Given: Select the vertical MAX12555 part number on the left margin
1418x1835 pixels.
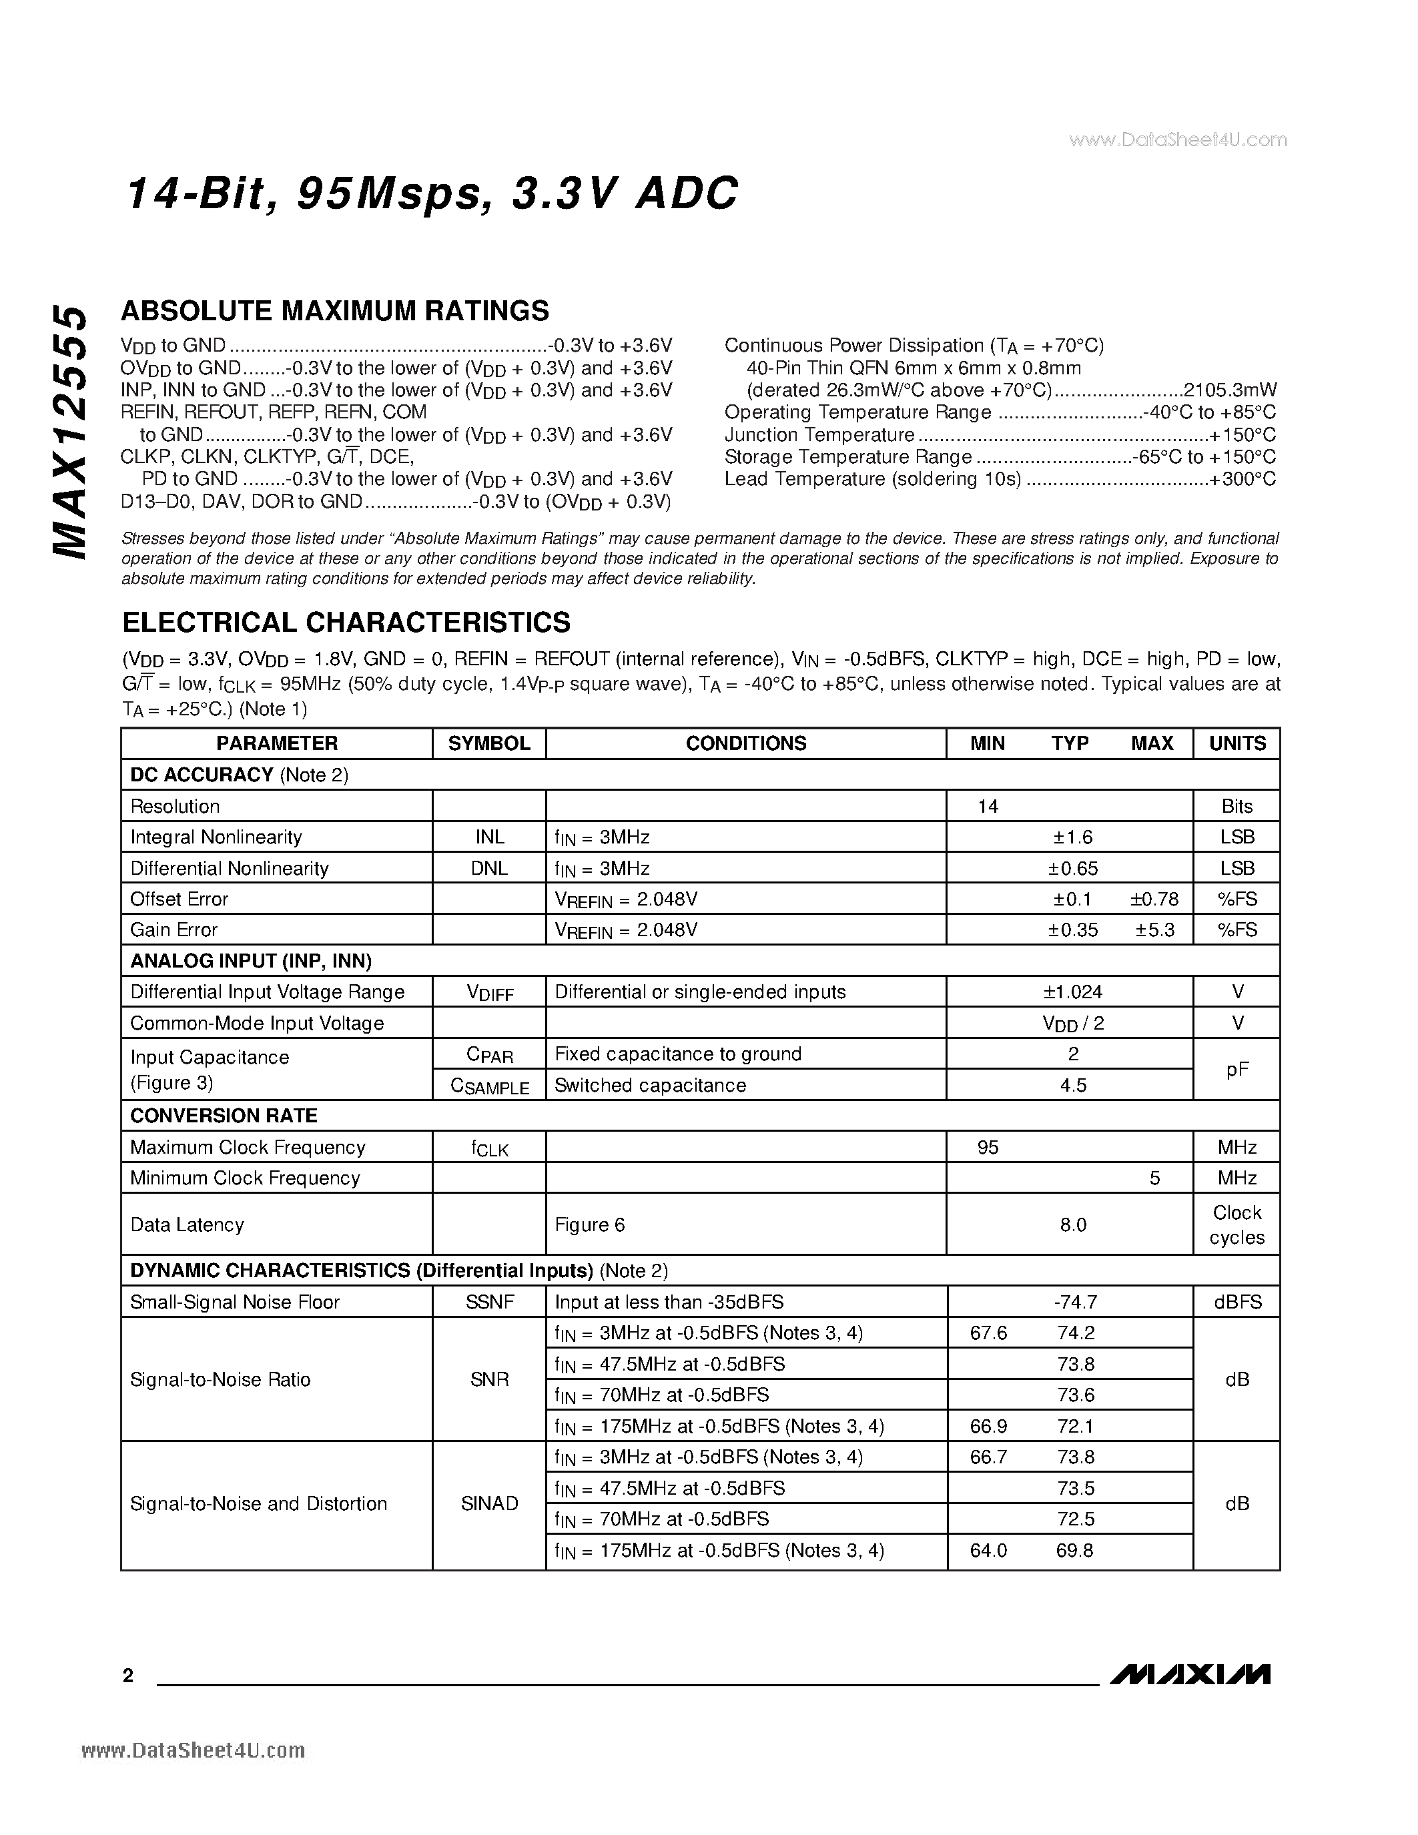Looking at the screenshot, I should click(x=69, y=432).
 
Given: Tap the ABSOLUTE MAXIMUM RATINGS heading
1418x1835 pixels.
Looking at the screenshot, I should click(x=334, y=311).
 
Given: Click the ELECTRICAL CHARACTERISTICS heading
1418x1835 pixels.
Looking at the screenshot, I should click(x=346, y=623).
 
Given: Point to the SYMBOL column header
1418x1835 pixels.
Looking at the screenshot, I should click(x=489, y=743).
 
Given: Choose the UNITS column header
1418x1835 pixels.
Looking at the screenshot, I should click(x=1236, y=743).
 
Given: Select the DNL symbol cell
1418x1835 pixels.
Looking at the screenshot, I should click(x=489, y=868).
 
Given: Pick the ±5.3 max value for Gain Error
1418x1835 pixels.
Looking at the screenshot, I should click(x=1154, y=930).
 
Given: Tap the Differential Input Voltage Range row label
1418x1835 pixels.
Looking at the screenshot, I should click(x=267, y=992).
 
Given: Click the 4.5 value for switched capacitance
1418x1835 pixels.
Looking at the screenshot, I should click(x=1073, y=1086).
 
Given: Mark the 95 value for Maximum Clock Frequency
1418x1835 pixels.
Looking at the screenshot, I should click(x=988, y=1148).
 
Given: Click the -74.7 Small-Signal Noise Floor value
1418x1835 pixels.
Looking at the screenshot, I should click(x=1074, y=1303).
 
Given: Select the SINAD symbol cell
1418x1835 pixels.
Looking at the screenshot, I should click(x=489, y=1504).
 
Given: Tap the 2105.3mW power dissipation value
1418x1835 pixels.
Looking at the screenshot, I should click(x=1229, y=390).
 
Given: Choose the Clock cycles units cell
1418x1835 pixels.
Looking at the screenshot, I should click(x=1236, y=1225).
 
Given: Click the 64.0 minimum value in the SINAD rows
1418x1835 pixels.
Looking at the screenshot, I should click(x=988, y=1550).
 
